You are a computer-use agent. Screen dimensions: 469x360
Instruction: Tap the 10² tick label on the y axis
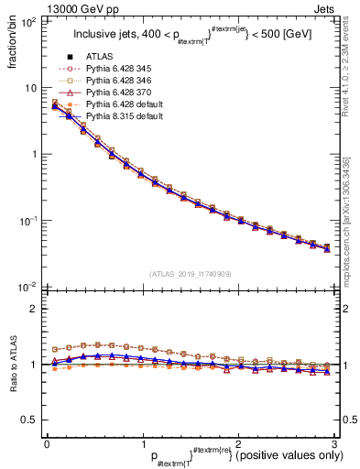point(28,21)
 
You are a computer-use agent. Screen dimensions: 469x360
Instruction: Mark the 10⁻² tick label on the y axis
point(28,287)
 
